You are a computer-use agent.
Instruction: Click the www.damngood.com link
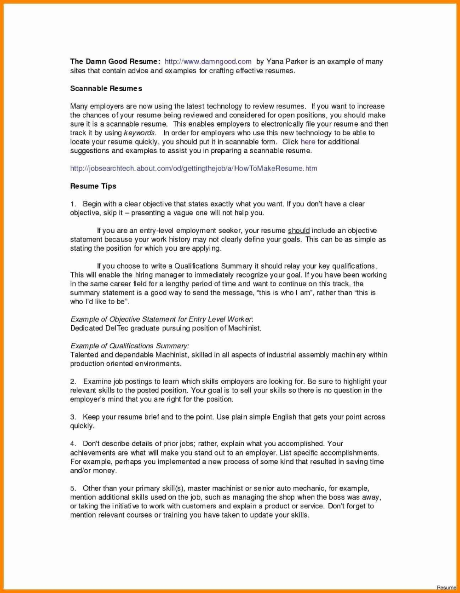(x=208, y=62)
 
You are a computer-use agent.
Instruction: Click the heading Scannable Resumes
(x=106, y=88)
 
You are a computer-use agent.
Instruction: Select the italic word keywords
(x=139, y=133)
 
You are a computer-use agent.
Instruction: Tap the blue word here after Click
(x=308, y=142)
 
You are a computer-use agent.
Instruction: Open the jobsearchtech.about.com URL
(x=194, y=168)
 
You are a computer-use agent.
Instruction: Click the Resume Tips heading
(x=93, y=186)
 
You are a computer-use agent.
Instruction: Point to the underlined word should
(x=299, y=230)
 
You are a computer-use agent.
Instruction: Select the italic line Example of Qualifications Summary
(x=129, y=346)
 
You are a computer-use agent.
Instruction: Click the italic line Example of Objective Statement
(x=161, y=319)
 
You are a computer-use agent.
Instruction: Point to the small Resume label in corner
(x=446, y=587)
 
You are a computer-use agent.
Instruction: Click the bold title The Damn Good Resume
(x=115, y=62)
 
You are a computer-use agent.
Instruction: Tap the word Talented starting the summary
(x=84, y=355)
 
